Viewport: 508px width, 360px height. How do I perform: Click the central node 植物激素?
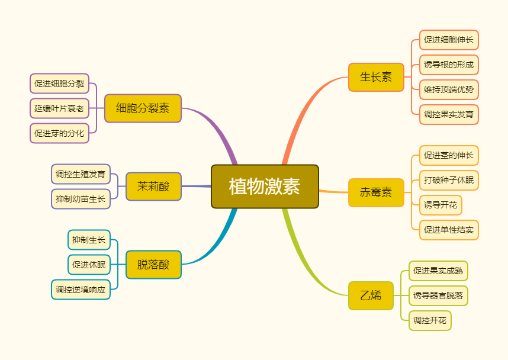coord(265,187)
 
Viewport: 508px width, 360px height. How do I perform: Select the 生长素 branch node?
coord(376,77)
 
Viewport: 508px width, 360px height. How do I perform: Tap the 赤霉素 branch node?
coord(376,192)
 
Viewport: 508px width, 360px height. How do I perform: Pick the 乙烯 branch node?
coord(371,295)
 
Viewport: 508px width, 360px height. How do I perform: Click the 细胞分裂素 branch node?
coord(143,108)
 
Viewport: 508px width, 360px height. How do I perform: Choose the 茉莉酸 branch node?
coord(153,187)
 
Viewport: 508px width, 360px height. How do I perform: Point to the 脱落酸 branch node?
coord(153,265)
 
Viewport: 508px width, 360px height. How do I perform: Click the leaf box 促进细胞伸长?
coord(449,40)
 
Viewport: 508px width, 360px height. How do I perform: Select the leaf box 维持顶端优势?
coord(449,90)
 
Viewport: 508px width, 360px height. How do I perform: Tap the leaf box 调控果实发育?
coord(449,114)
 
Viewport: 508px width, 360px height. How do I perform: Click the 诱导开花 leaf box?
coord(441,205)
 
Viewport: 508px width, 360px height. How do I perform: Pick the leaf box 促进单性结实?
coord(449,230)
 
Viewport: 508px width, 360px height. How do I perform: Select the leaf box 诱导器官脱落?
coord(438,295)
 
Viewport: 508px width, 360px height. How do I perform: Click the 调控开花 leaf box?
coord(430,320)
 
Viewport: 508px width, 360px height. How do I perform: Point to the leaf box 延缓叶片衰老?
coord(59,108)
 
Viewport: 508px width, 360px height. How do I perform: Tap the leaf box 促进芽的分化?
coord(59,133)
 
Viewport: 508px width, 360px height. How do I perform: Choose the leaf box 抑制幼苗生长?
coord(81,199)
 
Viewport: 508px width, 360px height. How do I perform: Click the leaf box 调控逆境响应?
coord(81,290)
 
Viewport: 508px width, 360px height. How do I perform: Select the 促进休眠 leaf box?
coord(89,265)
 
